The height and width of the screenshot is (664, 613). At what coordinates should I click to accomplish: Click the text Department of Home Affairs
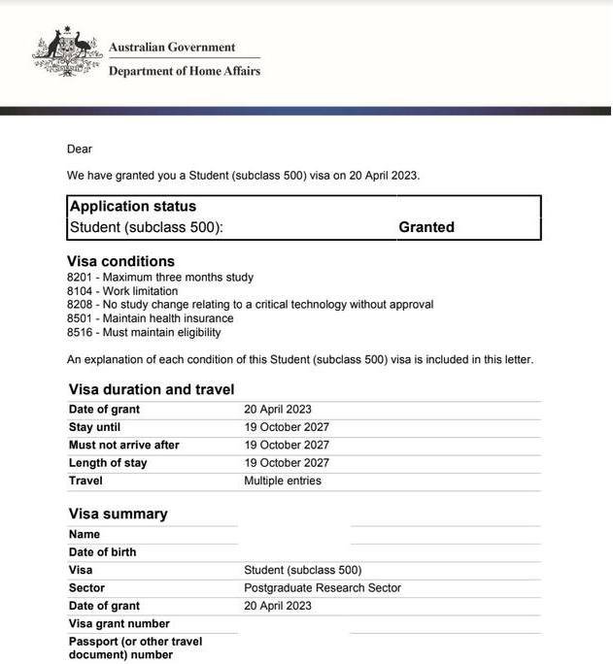[184, 71]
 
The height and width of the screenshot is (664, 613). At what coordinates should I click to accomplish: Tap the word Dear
[79, 149]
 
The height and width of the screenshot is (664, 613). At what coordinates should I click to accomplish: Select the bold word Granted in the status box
[426, 227]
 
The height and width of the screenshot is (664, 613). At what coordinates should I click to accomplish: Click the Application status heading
[133, 207]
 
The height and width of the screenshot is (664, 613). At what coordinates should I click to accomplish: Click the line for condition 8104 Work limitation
[122, 291]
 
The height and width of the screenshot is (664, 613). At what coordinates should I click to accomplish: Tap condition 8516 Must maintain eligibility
[144, 332]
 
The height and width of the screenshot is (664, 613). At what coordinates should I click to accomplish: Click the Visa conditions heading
[120, 261]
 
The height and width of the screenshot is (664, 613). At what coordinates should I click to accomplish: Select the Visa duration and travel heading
[152, 389]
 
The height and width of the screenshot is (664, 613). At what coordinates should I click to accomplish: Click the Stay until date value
[286, 427]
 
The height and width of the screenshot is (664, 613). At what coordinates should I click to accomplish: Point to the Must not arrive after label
[124, 446]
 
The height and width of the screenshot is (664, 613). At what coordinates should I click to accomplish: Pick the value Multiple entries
[282, 481]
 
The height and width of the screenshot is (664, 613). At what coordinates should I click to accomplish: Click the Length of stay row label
[108, 463]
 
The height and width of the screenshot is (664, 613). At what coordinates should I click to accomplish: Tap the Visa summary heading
[118, 514]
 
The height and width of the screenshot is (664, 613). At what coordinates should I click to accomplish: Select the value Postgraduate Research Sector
[322, 588]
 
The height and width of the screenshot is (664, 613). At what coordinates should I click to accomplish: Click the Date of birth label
[102, 552]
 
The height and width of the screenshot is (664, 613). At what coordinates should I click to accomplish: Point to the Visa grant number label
[119, 624]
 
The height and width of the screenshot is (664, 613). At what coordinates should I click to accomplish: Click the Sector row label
[86, 588]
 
